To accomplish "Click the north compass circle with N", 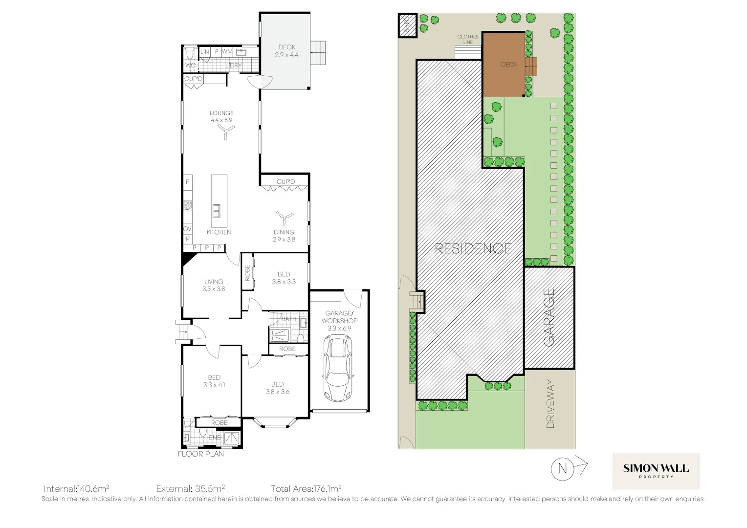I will click(562, 469).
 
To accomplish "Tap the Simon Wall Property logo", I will click(656, 471).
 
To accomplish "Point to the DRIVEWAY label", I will click(550, 404).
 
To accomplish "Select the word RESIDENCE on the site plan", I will click(473, 248).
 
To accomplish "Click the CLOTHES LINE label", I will click(468, 40).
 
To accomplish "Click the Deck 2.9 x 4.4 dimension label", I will click(287, 51).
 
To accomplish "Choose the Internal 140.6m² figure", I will click(76, 488).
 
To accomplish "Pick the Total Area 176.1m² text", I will click(306, 488).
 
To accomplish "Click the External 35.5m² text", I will click(190, 488).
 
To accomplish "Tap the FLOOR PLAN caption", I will click(200, 454).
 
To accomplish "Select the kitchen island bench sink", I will click(216, 211).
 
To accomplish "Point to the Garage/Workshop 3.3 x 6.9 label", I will click(339, 321).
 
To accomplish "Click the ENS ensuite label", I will click(215, 438).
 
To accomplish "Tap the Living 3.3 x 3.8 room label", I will click(214, 285).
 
